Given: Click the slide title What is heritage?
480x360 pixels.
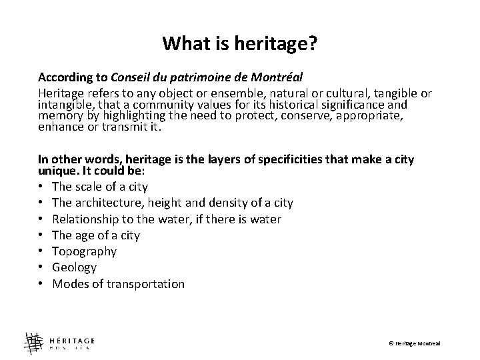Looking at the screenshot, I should point(240,44).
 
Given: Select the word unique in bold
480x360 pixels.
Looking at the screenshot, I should point(55,171).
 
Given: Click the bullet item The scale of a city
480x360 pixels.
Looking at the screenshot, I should point(100,187).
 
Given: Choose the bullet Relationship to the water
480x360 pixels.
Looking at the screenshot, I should point(167,219).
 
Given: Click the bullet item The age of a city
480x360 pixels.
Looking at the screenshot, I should point(96,235).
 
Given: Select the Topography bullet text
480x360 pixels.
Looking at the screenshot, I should point(84,251).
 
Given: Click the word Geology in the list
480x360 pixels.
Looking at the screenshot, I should point(75,267).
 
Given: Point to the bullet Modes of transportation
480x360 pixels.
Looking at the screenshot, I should point(118,284).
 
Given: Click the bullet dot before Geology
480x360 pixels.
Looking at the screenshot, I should point(42,268).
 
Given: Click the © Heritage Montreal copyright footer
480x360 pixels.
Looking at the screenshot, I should point(414,343).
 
